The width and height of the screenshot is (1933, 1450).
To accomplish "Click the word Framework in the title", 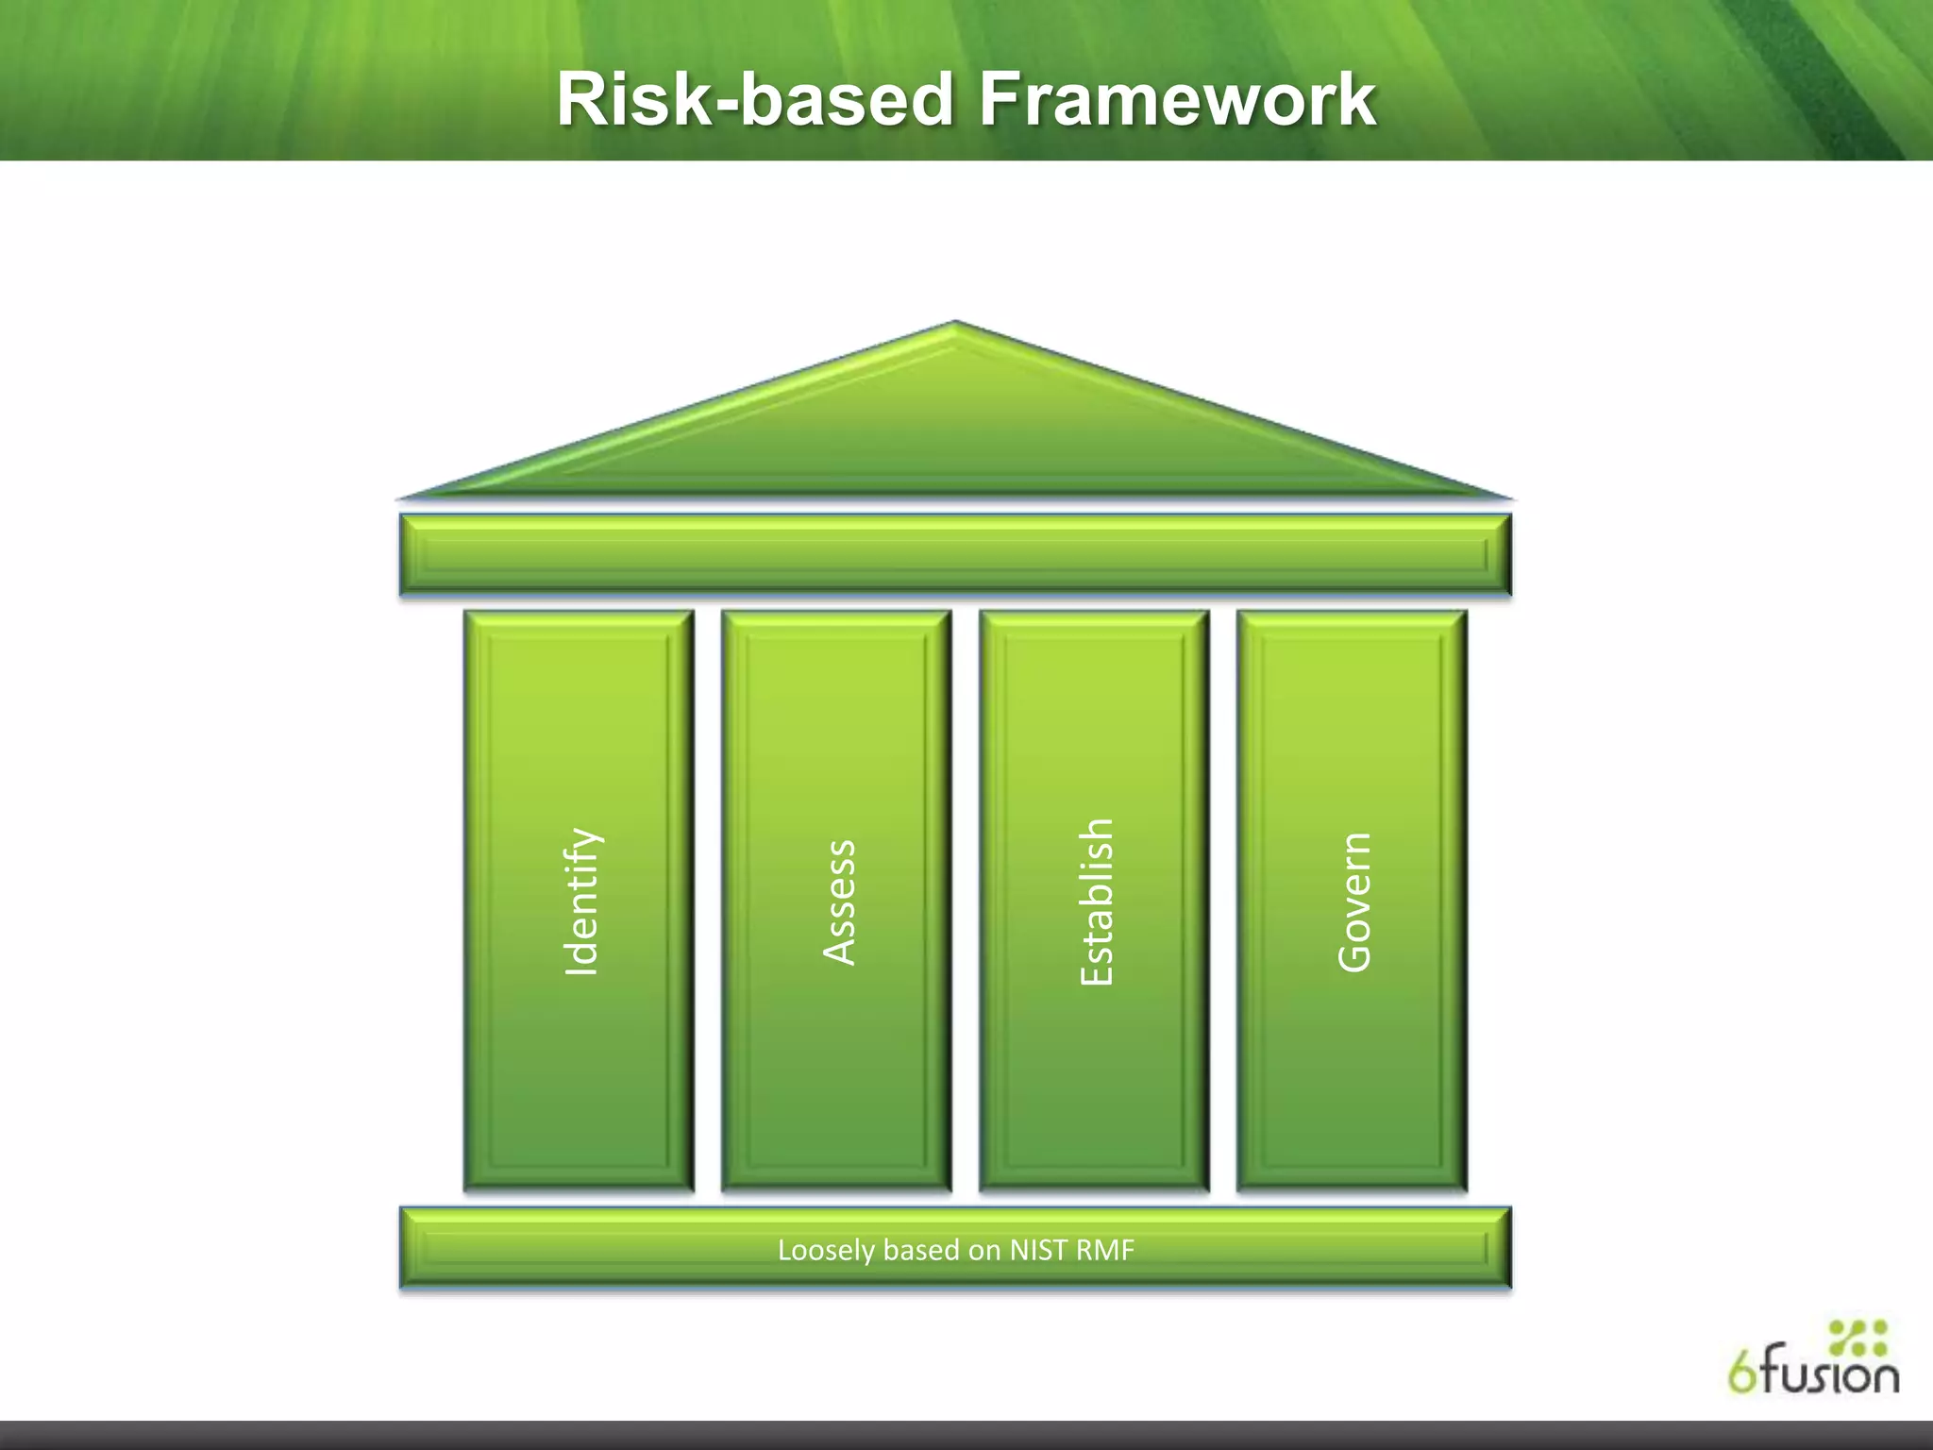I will click(1178, 100).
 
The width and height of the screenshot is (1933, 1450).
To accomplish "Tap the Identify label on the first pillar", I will click(580, 902).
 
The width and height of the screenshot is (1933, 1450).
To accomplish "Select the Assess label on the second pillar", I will click(839, 902).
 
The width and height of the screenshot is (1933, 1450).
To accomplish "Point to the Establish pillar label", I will click(1097, 902).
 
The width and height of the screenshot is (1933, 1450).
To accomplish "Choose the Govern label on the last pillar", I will click(1354, 902).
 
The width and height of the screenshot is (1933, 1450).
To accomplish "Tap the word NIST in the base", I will click(1036, 1250).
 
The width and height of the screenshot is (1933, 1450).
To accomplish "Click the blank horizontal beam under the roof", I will click(955, 554).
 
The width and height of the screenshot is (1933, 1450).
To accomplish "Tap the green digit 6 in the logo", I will click(1742, 1374).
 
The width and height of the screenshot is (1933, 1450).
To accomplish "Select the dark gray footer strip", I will click(966, 1435).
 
